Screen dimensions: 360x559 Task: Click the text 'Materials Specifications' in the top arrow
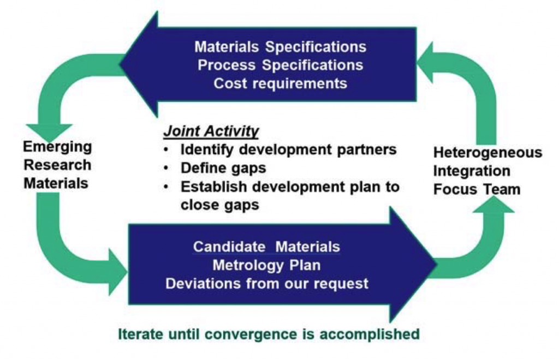280,46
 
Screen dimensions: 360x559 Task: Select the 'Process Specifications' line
280,65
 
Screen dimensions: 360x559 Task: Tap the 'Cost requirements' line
280,83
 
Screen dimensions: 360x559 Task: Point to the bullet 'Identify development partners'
289,149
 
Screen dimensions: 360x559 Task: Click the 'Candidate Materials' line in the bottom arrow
266,247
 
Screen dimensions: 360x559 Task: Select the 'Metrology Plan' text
266,265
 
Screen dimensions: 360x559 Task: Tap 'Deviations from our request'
266,284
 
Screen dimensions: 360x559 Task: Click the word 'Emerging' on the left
57,147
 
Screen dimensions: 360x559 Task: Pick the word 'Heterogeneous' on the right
487,152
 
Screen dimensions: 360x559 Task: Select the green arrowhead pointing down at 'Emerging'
49,131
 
